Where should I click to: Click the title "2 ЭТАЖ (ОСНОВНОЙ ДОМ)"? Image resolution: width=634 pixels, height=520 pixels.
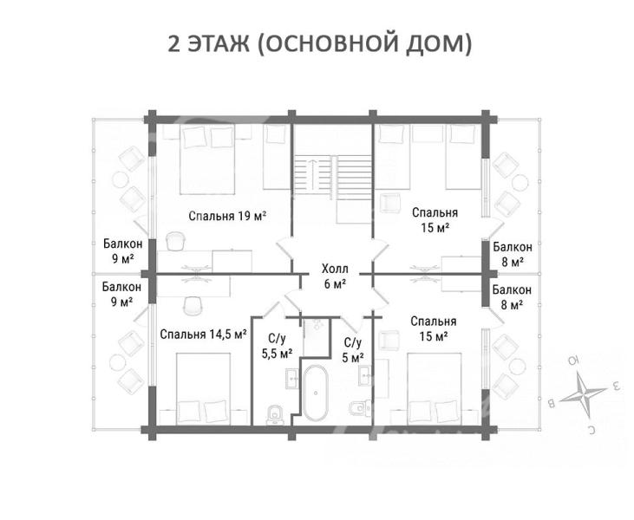coord(319,43)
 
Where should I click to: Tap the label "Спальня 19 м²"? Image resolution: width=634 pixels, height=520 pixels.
coord(227,216)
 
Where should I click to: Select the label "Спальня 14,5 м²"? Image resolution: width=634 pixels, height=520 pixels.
coord(203,335)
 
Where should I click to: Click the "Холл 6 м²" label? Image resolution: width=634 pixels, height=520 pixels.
coord(335,276)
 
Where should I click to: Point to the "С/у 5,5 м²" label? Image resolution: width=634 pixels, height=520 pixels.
coord(278,347)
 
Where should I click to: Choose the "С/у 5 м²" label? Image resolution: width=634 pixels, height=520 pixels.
coord(353,350)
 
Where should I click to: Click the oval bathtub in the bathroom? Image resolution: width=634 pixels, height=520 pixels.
coord(316,393)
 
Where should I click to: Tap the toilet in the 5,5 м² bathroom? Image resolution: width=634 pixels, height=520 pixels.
coord(276,415)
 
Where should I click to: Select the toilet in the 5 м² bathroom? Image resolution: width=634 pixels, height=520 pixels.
coord(359,408)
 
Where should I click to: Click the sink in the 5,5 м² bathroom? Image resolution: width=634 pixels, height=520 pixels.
coord(293,379)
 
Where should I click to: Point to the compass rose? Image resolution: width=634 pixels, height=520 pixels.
coord(584,393)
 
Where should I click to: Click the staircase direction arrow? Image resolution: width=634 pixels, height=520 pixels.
coord(314,173)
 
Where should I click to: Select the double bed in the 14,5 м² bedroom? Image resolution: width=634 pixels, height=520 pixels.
coord(204,389)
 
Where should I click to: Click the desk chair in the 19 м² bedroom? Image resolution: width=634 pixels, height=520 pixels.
coord(176,241)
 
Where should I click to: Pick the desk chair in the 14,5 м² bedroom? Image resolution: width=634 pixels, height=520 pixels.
coord(193,305)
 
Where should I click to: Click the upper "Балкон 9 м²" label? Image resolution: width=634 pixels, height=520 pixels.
coord(122,251)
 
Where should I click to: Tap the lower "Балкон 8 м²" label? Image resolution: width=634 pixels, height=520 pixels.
coord(512,297)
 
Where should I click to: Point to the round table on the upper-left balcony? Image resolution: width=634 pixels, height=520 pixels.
coord(121,179)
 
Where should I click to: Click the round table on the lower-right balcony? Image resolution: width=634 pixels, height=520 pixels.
coord(518,367)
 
